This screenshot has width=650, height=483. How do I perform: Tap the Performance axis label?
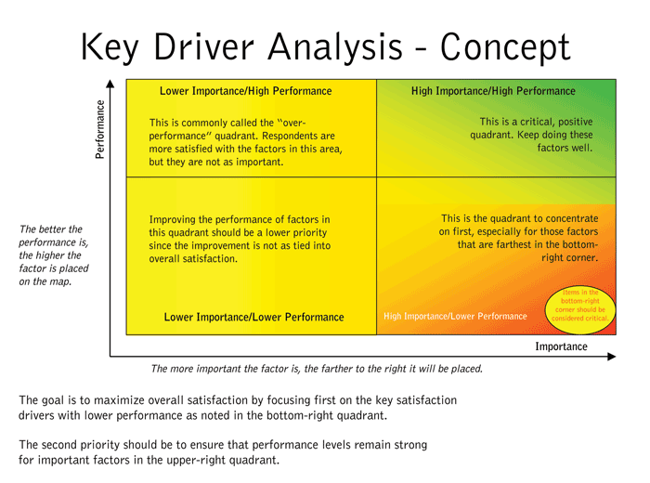(99, 129)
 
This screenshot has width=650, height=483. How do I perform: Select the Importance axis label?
(561, 346)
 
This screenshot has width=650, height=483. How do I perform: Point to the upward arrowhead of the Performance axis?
(110, 85)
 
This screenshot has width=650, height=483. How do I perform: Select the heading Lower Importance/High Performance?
(245, 91)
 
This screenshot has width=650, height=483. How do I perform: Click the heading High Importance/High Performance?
(493, 91)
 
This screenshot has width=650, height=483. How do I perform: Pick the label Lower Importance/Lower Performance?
(253, 318)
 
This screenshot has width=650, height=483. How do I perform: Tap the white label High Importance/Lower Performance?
(455, 317)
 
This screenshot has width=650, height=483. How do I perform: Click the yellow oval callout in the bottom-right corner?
(580, 306)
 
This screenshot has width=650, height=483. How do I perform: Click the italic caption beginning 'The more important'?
(317, 369)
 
